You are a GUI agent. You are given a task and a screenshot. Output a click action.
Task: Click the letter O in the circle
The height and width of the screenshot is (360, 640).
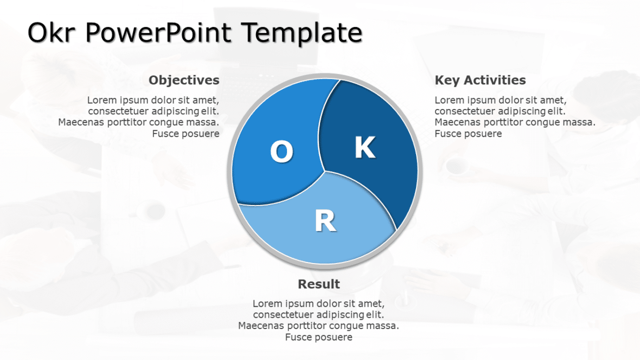[x=281, y=151]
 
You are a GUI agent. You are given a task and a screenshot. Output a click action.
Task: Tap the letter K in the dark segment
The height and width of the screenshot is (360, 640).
[x=365, y=147]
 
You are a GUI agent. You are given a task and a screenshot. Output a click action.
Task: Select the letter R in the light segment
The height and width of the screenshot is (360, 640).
[x=325, y=221]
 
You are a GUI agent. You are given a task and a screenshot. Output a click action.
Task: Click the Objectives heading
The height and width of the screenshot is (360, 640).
[x=184, y=80]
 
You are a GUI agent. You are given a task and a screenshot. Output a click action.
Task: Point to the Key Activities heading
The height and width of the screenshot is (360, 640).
[x=480, y=80]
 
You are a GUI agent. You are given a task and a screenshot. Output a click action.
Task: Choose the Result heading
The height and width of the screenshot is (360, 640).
[x=319, y=284]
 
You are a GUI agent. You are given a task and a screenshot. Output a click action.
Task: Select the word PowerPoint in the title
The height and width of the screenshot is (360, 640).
[x=158, y=34]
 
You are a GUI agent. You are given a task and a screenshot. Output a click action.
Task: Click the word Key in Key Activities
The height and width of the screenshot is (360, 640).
[x=447, y=80]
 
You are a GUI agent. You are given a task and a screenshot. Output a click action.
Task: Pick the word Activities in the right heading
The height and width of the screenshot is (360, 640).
[x=494, y=80]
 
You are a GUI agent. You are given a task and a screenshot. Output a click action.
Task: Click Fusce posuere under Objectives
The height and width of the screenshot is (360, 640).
[x=185, y=133]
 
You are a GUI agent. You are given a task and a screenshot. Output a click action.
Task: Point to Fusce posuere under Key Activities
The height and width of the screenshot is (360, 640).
[x=468, y=133]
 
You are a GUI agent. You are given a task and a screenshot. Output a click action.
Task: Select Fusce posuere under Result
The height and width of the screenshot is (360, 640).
[x=319, y=337]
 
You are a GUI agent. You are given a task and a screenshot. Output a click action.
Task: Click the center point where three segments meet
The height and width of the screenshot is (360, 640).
[x=325, y=171]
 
